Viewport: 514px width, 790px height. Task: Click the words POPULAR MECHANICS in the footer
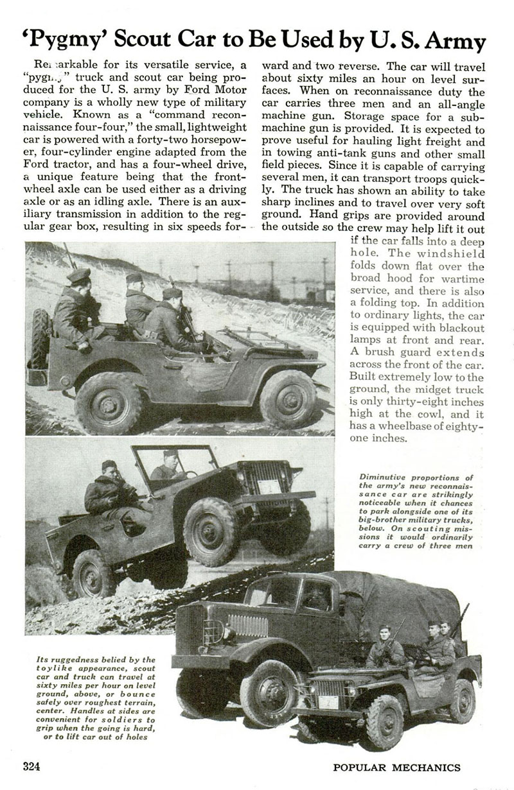(x=396, y=768)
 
